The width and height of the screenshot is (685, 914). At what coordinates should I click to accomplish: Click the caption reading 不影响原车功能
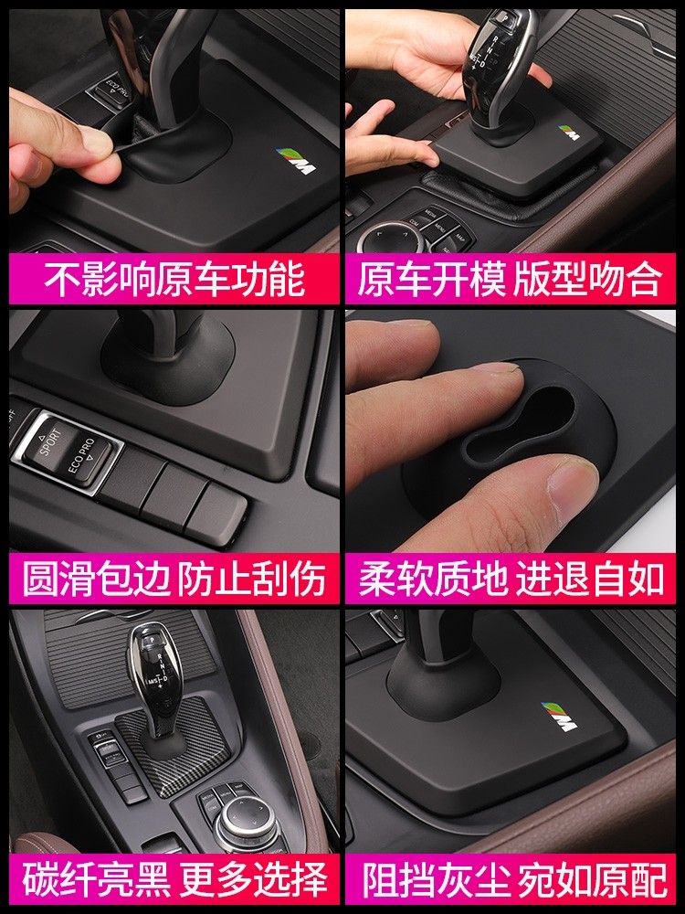tap(174, 280)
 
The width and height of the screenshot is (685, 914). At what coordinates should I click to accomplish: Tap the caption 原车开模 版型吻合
tap(511, 280)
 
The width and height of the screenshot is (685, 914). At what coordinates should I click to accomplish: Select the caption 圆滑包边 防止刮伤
tap(174, 579)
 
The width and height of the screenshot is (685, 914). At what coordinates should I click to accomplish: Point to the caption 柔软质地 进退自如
tap(511, 579)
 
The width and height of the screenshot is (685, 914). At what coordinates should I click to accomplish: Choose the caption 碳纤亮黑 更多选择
tap(174, 879)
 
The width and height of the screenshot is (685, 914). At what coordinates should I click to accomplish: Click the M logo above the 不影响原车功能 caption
tap(297, 160)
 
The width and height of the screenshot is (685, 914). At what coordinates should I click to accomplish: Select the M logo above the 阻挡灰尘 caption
tap(559, 715)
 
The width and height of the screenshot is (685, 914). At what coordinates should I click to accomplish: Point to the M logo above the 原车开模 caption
tap(569, 133)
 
